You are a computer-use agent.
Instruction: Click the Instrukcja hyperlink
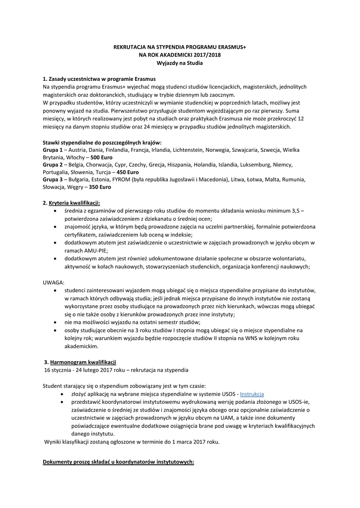coord(252,394)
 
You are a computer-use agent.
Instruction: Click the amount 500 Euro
coord(103,157)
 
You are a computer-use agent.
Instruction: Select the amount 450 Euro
coord(128,172)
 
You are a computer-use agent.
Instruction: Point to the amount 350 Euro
coord(100,187)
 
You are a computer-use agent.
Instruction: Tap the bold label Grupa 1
coord(53,149)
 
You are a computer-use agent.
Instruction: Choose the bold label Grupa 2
coord(53,164)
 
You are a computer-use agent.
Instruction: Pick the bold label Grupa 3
coord(53,180)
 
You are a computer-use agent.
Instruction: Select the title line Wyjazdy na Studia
coord(180,63)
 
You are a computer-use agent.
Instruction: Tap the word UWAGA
coord(54,282)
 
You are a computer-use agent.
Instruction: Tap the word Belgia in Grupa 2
coord(77,164)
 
